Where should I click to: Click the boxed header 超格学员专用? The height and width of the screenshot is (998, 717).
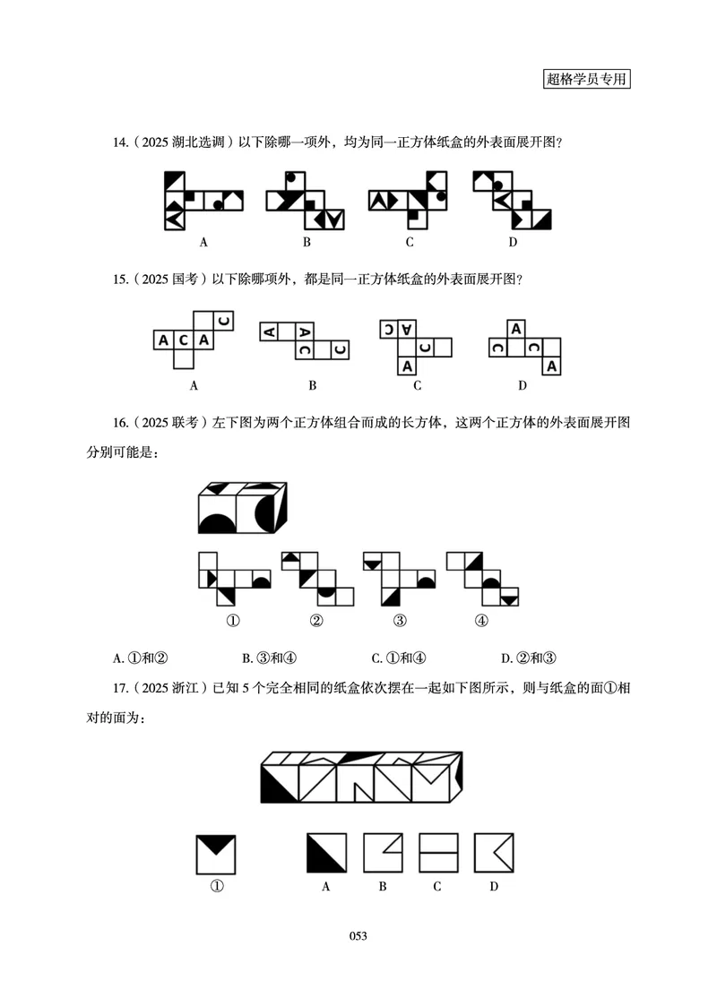(x=587, y=79)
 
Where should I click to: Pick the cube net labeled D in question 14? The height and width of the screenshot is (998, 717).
(x=513, y=199)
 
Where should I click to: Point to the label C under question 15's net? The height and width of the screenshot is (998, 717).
(x=417, y=386)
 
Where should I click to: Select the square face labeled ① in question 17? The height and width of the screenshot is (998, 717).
(x=216, y=854)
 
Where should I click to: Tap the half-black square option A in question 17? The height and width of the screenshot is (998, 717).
(x=326, y=854)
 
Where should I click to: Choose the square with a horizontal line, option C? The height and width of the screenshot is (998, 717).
(x=437, y=854)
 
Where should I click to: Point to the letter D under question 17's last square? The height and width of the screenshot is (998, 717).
(x=494, y=887)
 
